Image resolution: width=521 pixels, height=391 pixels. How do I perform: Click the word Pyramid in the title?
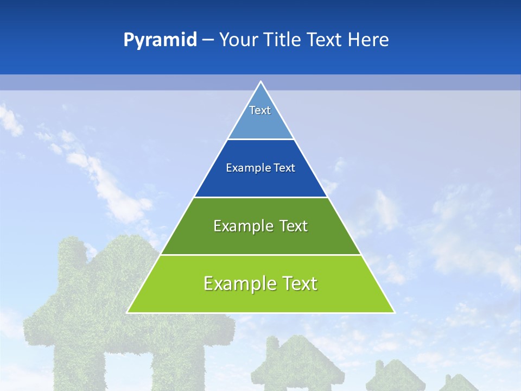pyautogui.click(x=160, y=40)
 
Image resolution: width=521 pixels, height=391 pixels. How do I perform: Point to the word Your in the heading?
pyautogui.click(x=238, y=40)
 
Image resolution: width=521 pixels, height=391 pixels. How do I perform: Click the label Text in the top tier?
pyautogui.click(x=259, y=110)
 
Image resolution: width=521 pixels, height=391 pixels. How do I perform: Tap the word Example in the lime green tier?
pyautogui.click(x=234, y=283)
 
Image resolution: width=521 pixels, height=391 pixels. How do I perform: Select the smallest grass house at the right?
pyautogui.click(x=459, y=383)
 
